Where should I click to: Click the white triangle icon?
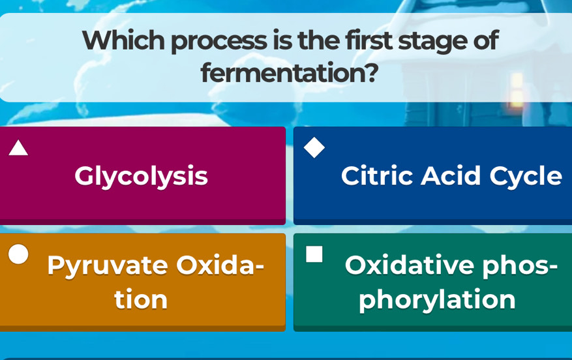pyautogui.click(x=18, y=149)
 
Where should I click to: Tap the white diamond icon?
pyautogui.click(x=314, y=147)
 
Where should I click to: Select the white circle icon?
pyautogui.click(x=18, y=254)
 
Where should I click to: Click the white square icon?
pyautogui.click(x=314, y=254)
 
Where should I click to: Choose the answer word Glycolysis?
pyautogui.click(x=141, y=177)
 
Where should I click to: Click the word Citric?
pyautogui.click(x=377, y=175)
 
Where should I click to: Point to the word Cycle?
pyautogui.click(x=526, y=177)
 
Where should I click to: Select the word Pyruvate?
pyautogui.click(x=108, y=266)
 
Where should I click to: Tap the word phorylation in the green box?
pyautogui.click(x=437, y=300)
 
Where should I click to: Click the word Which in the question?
pyautogui.click(x=123, y=40)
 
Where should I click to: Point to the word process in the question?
pyautogui.click(x=219, y=42)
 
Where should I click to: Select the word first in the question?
pyautogui.click(x=369, y=40)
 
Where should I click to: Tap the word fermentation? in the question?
pyautogui.click(x=290, y=72)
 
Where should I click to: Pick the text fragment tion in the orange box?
pyautogui.click(x=141, y=299)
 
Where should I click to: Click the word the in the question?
pyautogui.click(x=318, y=40)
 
